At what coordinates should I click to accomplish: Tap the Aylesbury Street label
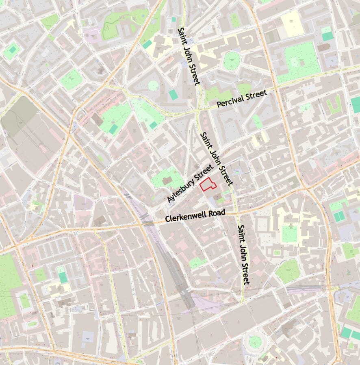190,183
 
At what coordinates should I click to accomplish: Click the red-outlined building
208,184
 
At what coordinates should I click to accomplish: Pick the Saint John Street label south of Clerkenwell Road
243,254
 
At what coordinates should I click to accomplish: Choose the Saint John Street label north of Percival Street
189,56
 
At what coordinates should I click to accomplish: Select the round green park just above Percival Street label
232,61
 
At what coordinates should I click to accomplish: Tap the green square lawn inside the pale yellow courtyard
290,234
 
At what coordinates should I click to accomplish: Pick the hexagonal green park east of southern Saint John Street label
288,271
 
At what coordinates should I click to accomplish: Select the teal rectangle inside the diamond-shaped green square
13,50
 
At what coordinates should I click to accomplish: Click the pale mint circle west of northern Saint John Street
153,85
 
